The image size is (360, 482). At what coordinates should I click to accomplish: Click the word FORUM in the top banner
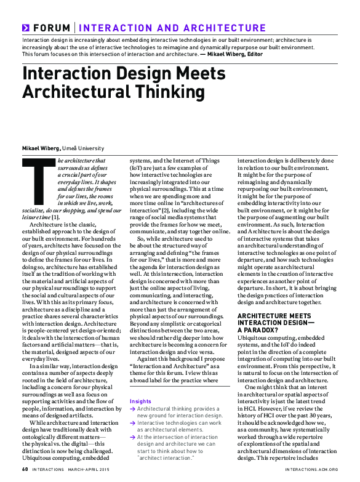coord(52,28)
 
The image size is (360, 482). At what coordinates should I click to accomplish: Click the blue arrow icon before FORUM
coord(26,28)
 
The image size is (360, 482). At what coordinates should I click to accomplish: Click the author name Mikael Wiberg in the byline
coord(42,148)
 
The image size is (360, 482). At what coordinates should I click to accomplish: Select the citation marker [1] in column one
coord(55,217)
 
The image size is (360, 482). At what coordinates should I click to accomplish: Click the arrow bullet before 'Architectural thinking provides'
coord(132,408)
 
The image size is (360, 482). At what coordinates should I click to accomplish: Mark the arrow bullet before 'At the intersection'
coord(132,437)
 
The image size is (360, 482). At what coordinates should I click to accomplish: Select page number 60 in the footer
coord(25,468)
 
